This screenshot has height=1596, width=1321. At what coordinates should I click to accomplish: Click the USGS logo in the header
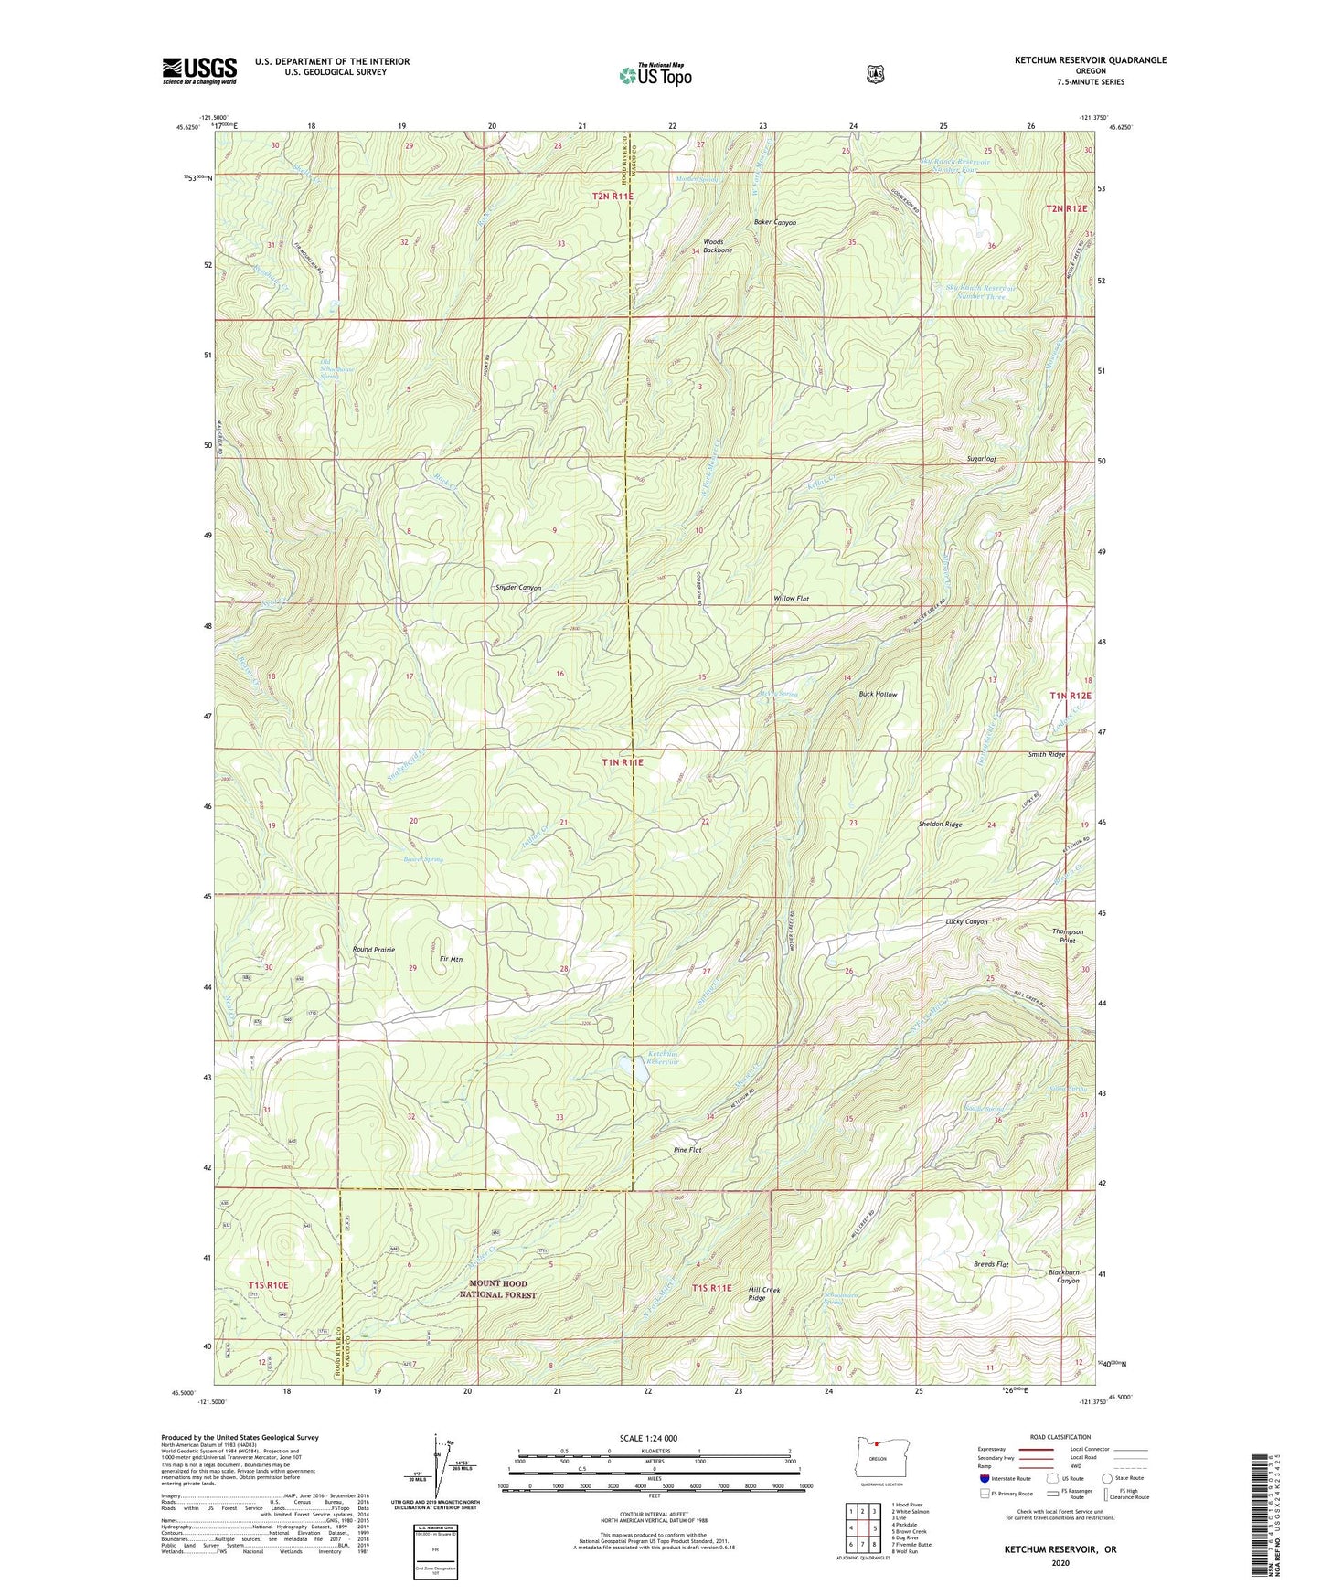click(x=199, y=70)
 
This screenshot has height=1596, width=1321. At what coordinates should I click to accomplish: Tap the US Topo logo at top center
click(x=655, y=75)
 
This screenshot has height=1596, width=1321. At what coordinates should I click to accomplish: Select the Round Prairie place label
click(x=374, y=950)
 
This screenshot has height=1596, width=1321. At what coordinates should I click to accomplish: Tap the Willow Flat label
click(x=792, y=598)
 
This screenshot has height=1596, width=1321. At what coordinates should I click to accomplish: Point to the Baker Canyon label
click(x=774, y=222)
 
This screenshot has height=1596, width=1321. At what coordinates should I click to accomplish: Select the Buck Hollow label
click(x=878, y=695)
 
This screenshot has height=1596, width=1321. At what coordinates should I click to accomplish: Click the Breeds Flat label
click(x=990, y=1264)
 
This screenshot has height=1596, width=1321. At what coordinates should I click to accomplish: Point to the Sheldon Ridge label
click(x=940, y=824)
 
